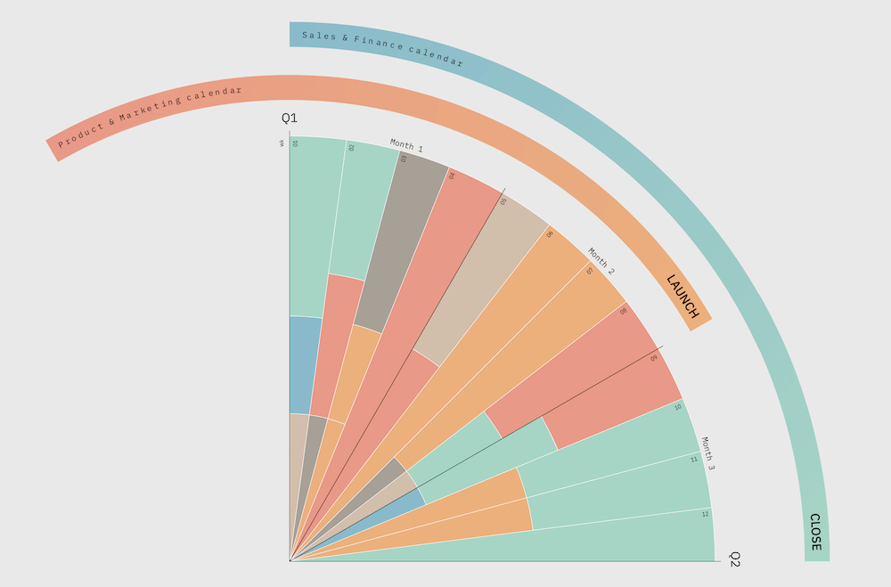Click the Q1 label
tap(290, 118)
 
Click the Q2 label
tap(735, 559)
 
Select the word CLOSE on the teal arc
tap(815, 532)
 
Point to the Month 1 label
tap(406, 146)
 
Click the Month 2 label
tap(601, 259)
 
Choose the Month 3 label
tap(708, 453)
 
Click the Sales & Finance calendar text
tap(382, 48)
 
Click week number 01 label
tap(296, 143)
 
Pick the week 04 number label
tap(452, 175)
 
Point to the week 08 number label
tap(624, 312)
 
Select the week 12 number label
tap(705, 514)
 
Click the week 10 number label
tap(678, 407)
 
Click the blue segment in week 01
tap(305, 365)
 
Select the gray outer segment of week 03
tap(400, 241)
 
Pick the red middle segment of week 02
tap(337, 343)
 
